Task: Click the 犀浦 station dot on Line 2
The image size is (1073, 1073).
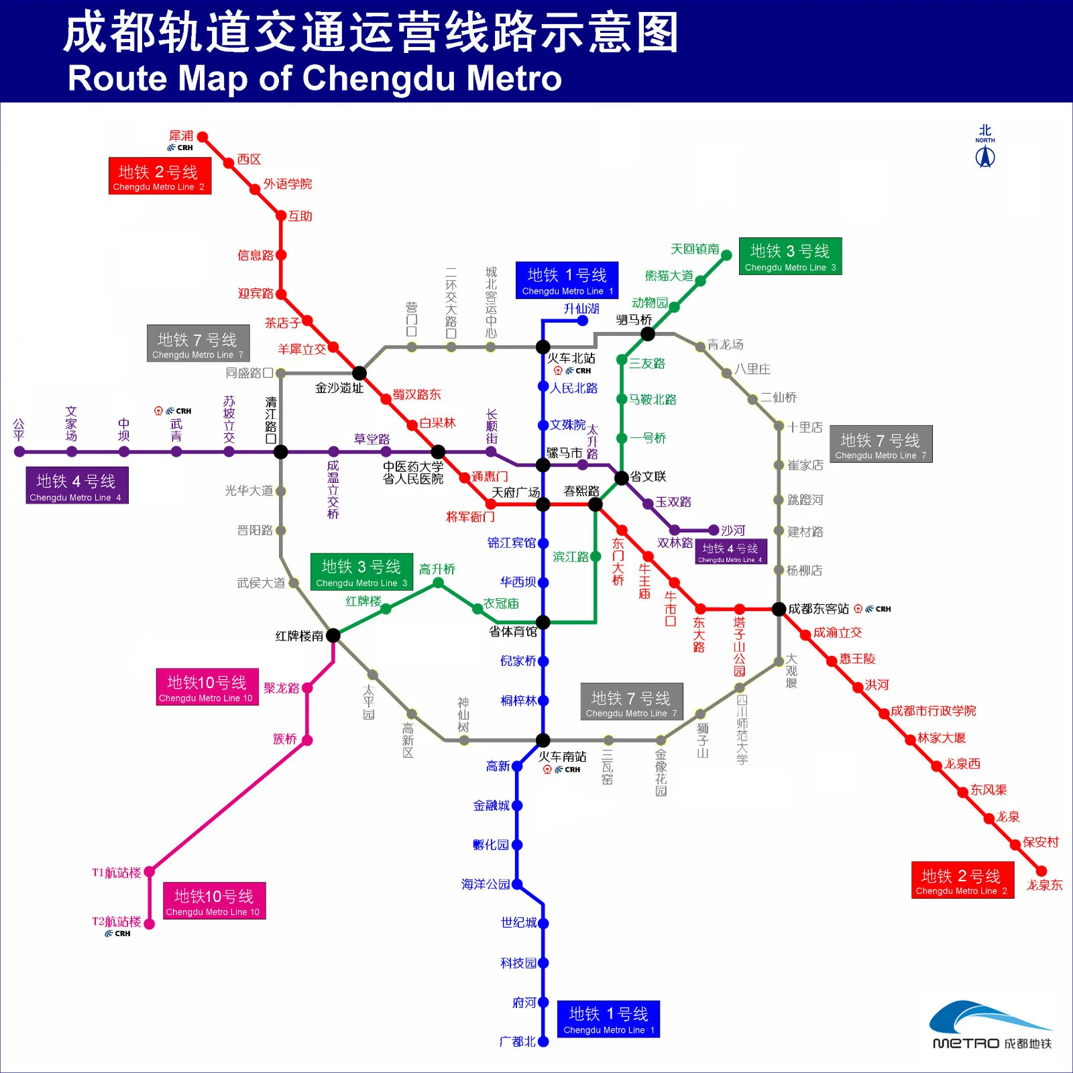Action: coord(203,137)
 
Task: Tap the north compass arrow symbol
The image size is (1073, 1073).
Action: coord(984,157)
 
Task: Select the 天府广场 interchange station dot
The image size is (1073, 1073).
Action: coord(543,504)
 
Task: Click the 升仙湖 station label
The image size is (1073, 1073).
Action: coord(581,308)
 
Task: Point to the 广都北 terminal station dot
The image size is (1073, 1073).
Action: coord(543,1041)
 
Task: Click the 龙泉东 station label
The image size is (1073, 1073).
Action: coord(1044,885)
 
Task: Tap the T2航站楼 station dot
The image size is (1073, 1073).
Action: coord(150,924)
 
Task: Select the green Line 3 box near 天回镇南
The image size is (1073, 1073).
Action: coord(790,256)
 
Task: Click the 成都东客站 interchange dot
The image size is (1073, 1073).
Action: coord(779,609)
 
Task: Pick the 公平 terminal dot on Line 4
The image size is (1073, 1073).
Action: coord(19,452)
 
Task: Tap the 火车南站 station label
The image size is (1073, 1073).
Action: coord(562,756)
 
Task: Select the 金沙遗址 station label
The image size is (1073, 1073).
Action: coord(339,388)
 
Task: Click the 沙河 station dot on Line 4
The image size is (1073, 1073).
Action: coord(714,530)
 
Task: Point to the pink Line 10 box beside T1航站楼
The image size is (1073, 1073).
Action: coord(215,901)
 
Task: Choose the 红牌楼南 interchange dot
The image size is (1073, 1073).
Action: coord(333,635)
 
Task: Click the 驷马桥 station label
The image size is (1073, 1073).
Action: coord(634,320)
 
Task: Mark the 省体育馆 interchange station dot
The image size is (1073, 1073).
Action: coord(543,622)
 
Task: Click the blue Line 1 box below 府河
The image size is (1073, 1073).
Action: coord(608,1019)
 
